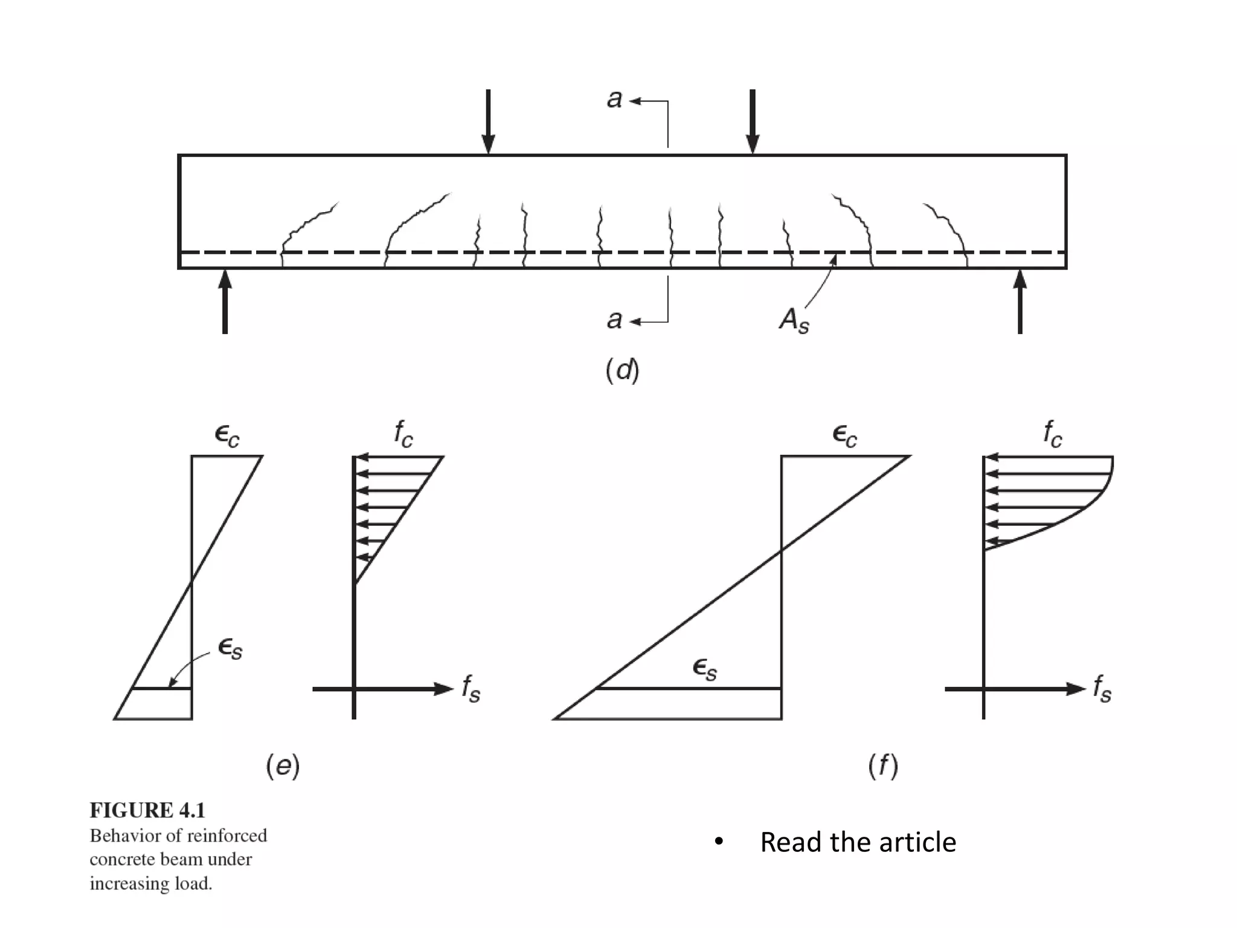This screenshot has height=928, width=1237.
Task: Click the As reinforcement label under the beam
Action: [x=794, y=320]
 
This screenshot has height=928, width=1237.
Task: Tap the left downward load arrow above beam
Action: [x=488, y=121]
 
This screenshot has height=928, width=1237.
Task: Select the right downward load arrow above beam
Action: [x=752, y=121]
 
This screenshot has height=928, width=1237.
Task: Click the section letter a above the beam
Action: [x=614, y=99]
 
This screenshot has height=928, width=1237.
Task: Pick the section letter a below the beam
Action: [x=614, y=320]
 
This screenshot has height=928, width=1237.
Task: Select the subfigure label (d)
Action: [x=622, y=370]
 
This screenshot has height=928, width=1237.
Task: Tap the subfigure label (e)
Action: [x=283, y=765]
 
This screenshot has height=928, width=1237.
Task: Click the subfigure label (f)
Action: [x=883, y=765]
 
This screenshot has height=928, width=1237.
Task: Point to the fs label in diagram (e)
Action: [x=471, y=689]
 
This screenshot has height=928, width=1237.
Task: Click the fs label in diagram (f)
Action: [x=1102, y=689]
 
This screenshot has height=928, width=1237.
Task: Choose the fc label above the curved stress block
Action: [x=1052, y=434]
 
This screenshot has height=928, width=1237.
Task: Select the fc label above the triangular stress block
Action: [x=403, y=434]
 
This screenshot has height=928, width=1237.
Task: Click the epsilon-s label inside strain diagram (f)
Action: [x=705, y=669]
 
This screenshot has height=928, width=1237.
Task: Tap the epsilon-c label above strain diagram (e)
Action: [x=227, y=435]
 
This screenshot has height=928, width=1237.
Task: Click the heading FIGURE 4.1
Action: [x=147, y=810]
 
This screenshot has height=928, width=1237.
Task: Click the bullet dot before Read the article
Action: [x=718, y=842]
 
